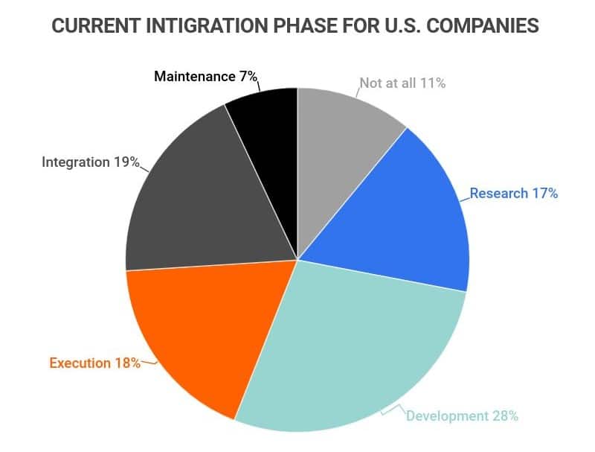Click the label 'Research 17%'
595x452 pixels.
513,194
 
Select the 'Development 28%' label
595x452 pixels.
462,416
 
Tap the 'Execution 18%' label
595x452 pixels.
94,363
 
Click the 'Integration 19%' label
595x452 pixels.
90,162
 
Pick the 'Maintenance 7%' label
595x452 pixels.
205,76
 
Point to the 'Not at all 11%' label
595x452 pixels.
402,83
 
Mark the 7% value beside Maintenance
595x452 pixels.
248,76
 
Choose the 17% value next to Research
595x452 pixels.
544,194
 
